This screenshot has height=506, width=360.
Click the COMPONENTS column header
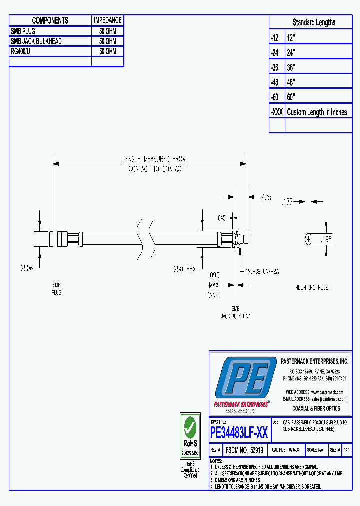50,20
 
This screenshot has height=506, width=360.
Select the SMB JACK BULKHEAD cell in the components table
36,41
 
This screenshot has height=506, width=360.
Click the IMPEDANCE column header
107,20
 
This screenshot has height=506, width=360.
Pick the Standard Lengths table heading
314,22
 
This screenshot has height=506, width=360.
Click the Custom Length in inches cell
317,112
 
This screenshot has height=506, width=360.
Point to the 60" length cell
291,97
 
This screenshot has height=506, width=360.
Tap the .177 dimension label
287,202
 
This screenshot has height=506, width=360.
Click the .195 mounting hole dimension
326,240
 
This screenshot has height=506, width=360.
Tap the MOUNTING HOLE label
312,288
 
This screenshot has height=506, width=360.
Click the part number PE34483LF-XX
239,431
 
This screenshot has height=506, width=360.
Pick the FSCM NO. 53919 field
244,450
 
